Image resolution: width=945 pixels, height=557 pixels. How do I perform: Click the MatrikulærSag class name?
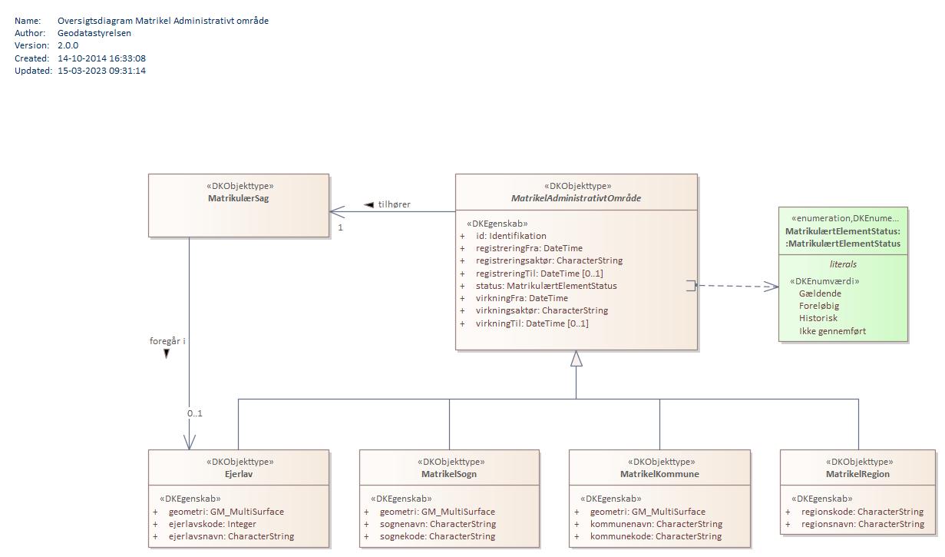[x=238, y=198]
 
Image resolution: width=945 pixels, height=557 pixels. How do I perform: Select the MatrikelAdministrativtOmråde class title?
[x=576, y=198]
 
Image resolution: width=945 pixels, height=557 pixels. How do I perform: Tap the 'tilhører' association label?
[x=394, y=204]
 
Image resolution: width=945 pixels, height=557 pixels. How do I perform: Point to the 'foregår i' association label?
[x=167, y=341]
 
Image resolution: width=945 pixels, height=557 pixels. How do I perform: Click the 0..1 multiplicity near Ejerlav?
[x=195, y=413]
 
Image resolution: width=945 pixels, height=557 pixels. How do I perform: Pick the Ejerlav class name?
[x=239, y=474]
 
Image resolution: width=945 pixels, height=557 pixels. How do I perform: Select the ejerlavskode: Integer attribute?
[x=212, y=524]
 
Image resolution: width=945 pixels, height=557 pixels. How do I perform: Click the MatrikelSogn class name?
[x=449, y=474]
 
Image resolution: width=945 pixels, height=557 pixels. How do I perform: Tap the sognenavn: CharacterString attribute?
[x=438, y=524]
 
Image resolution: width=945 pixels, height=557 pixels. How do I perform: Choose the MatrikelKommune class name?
[x=659, y=474]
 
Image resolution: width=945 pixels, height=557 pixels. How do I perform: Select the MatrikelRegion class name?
[x=857, y=474]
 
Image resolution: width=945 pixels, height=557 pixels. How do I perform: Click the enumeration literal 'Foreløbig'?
[x=818, y=306]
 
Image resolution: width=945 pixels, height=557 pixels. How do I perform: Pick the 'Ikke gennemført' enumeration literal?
[x=832, y=331]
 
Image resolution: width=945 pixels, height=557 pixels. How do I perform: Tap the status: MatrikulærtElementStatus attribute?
[x=546, y=286]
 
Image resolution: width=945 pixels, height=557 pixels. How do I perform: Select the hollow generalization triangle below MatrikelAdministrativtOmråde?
[x=576, y=359]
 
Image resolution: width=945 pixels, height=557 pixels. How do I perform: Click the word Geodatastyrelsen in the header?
[x=94, y=33]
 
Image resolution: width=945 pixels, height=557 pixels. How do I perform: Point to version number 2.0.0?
[x=68, y=45]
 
